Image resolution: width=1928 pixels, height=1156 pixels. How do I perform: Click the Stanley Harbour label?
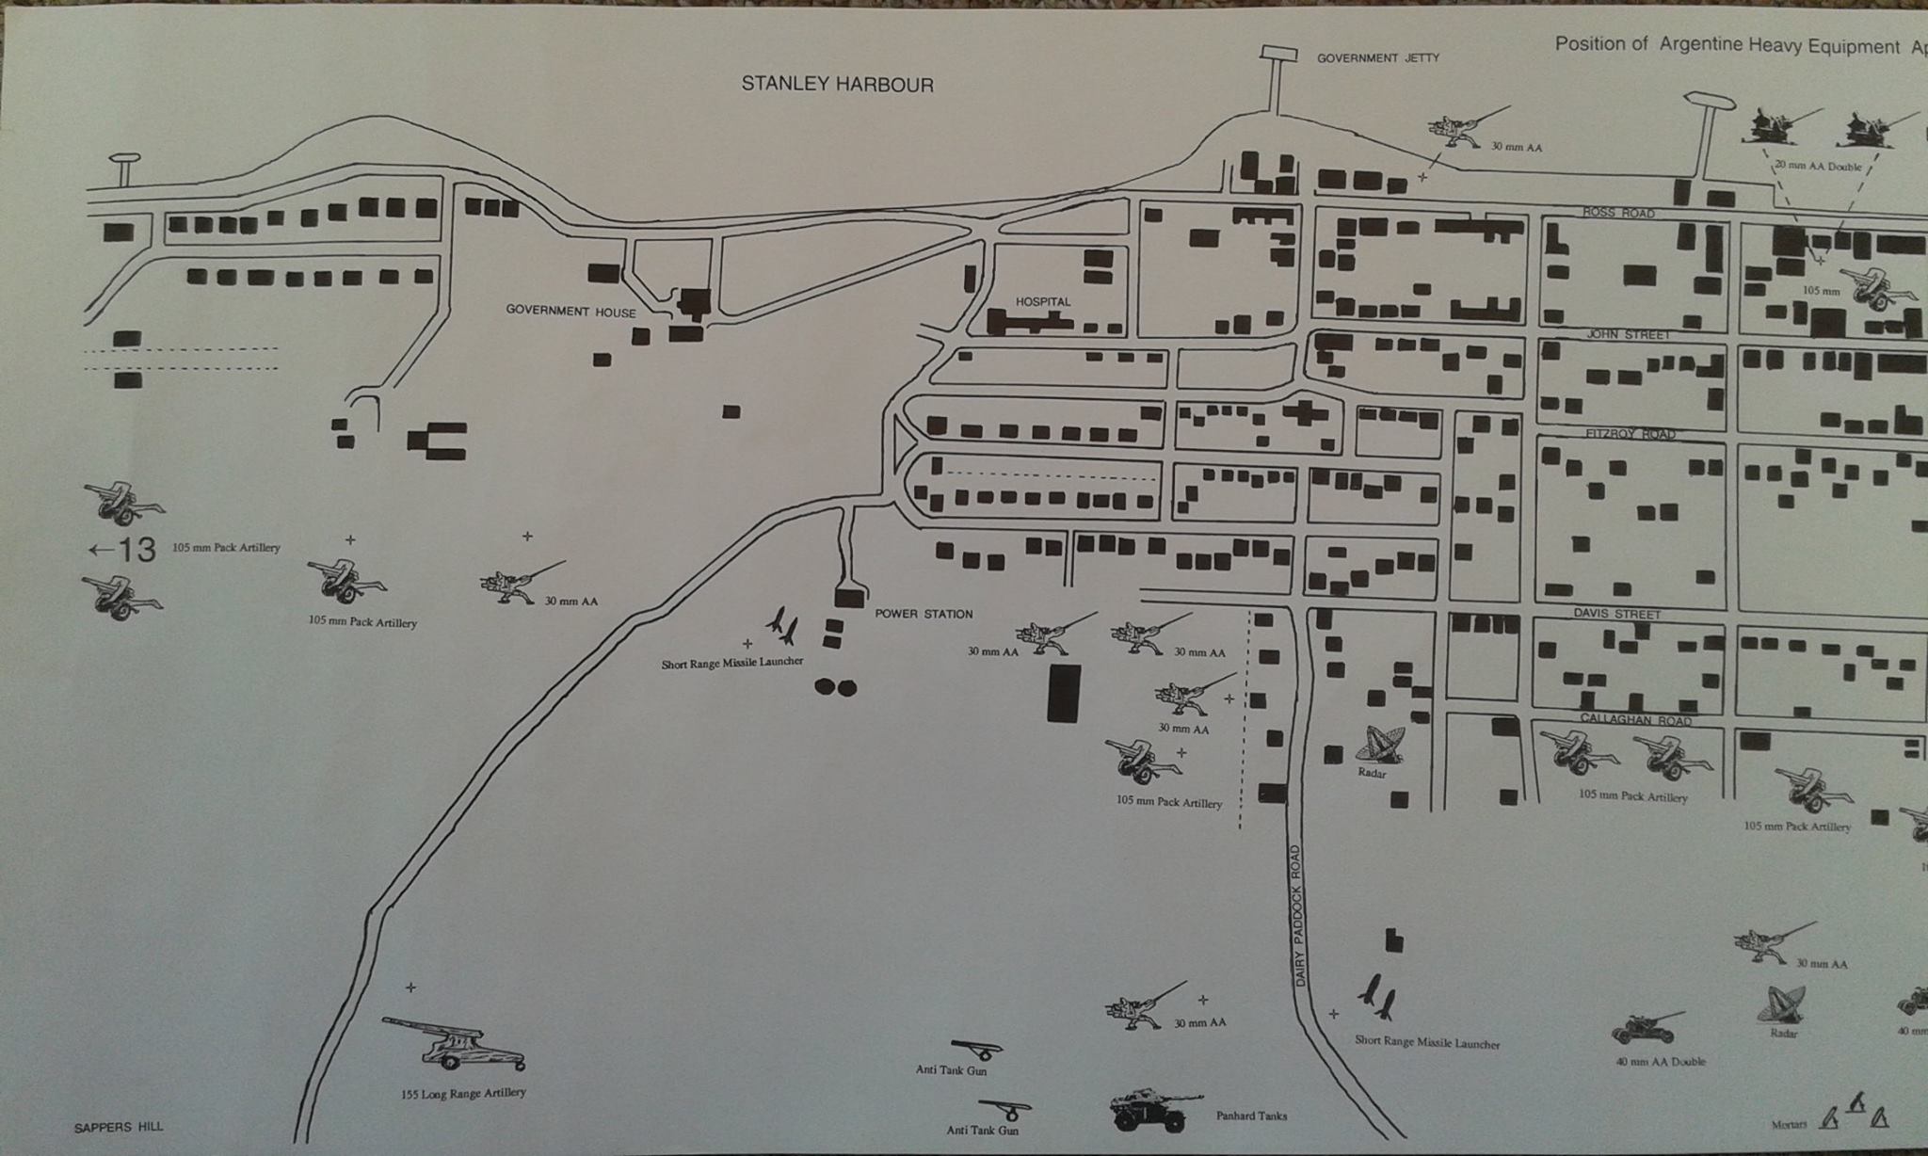837,85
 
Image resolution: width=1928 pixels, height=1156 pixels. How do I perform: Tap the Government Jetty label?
1377,58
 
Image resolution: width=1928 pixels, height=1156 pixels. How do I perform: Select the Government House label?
570,312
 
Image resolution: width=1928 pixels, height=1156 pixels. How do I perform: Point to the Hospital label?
1043,302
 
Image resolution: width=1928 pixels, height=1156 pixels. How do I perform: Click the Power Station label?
924,615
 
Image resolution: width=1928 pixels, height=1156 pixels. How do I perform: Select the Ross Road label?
1618,213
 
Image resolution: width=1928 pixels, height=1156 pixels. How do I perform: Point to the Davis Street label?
1617,614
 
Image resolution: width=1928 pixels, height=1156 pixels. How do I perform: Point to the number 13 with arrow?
123,550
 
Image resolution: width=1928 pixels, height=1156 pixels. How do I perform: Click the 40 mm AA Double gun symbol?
1646,1028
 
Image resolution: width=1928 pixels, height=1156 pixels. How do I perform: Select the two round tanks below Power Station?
835,687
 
